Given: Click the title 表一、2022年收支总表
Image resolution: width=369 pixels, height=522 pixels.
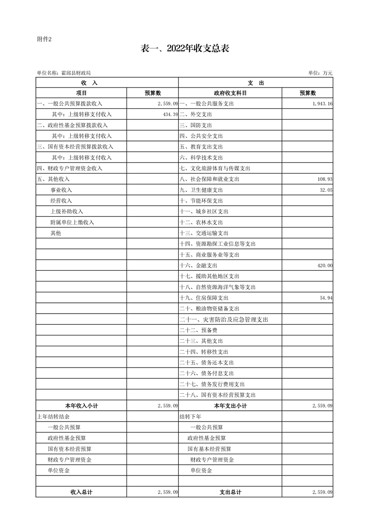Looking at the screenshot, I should click(184, 49).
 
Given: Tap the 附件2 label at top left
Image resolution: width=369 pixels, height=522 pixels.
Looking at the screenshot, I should click(44, 39).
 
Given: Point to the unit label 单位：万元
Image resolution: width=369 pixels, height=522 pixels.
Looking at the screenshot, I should click(320, 73).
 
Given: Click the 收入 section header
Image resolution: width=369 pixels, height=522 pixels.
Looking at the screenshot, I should click(88, 82).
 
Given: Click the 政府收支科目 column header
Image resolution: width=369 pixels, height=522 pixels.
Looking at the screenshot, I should click(230, 93).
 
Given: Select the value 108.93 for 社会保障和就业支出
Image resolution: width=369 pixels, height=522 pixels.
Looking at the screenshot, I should click(323, 179).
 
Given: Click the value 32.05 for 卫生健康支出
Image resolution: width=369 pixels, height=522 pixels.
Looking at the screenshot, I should click(325, 190).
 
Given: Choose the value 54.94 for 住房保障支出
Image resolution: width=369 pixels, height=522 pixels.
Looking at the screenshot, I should click(325, 298).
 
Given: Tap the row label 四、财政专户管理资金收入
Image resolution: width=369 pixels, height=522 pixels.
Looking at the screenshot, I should click(69, 168).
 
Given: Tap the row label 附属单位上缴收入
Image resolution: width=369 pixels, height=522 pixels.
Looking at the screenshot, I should click(72, 222).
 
